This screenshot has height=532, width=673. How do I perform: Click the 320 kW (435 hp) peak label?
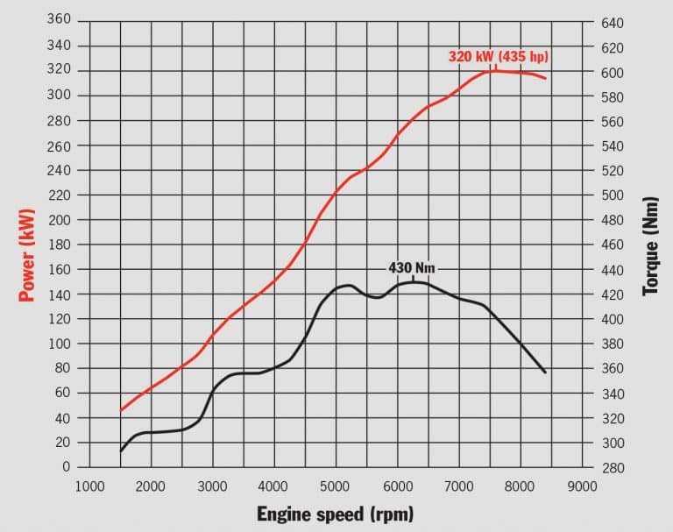pyautogui.click(x=498, y=57)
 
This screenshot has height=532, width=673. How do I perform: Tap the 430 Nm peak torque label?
pyautogui.click(x=411, y=267)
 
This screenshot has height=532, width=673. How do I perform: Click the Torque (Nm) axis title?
pyautogui.click(x=649, y=256)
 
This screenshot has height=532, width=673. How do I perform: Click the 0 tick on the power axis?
pyautogui.click(x=65, y=467)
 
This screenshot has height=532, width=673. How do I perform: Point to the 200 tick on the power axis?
pyautogui.click(x=57, y=219)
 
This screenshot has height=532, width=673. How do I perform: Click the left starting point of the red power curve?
pyautogui.click(x=120, y=410)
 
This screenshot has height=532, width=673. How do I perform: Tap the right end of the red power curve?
pyautogui.click(x=546, y=79)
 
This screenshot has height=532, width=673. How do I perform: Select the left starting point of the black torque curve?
pyautogui.click(x=120, y=450)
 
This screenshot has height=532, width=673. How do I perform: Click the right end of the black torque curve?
pyautogui.click(x=545, y=372)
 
